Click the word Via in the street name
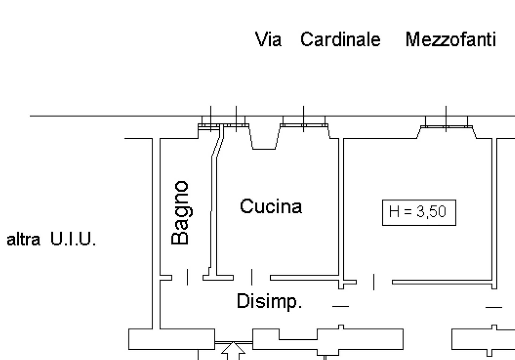[x=268, y=40]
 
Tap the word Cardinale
[x=340, y=40]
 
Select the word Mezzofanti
[x=451, y=40]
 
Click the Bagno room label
[x=180, y=213]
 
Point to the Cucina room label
[x=271, y=206]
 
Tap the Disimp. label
[x=269, y=301]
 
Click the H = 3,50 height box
[x=419, y=213]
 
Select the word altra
[x=24, y=239]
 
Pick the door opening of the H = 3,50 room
[x=374, y=282]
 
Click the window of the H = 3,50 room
[x=446, y=126]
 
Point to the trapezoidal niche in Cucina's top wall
[x=264, y=140]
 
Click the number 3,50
[x=431, y=212]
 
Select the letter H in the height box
[x=394, y=212]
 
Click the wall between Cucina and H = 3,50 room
[x=341, y=207]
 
